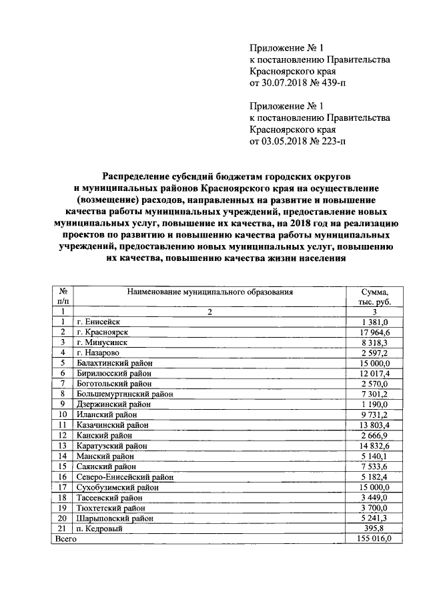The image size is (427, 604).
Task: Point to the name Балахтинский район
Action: pos(115,363)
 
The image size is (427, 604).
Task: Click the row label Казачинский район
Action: pos(112,424)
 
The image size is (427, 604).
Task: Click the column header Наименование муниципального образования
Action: pos(208,292)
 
